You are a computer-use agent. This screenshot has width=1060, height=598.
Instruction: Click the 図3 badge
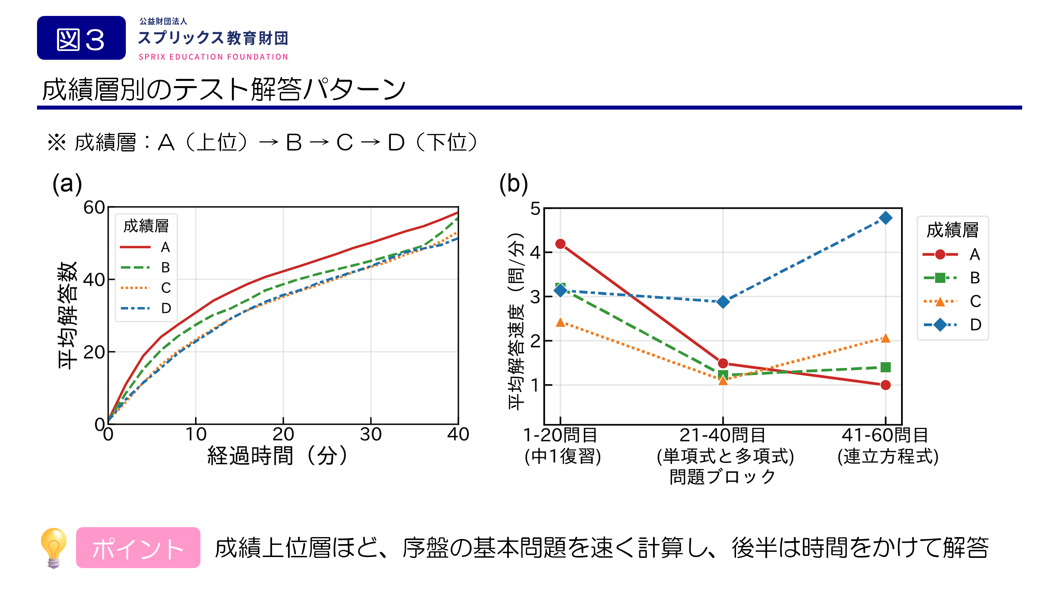(81, 38)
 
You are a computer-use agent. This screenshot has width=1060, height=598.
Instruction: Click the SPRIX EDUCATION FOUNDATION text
(213, 57)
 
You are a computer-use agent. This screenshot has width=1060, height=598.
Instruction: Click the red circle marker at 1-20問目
(560, 244)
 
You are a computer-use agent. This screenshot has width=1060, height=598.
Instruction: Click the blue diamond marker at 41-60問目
(885, 218)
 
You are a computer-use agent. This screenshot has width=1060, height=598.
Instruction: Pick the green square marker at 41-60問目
(885, 367)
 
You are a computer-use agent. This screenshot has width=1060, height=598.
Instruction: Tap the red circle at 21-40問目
(723, 363)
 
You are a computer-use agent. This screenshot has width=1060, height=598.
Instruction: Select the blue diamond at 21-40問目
(723, 302)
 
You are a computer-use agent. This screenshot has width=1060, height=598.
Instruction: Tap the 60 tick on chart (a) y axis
(94, 208)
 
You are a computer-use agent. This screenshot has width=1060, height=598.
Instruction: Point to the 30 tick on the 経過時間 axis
(370, 434)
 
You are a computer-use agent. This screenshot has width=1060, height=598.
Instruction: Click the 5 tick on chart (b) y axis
(535, 209)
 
